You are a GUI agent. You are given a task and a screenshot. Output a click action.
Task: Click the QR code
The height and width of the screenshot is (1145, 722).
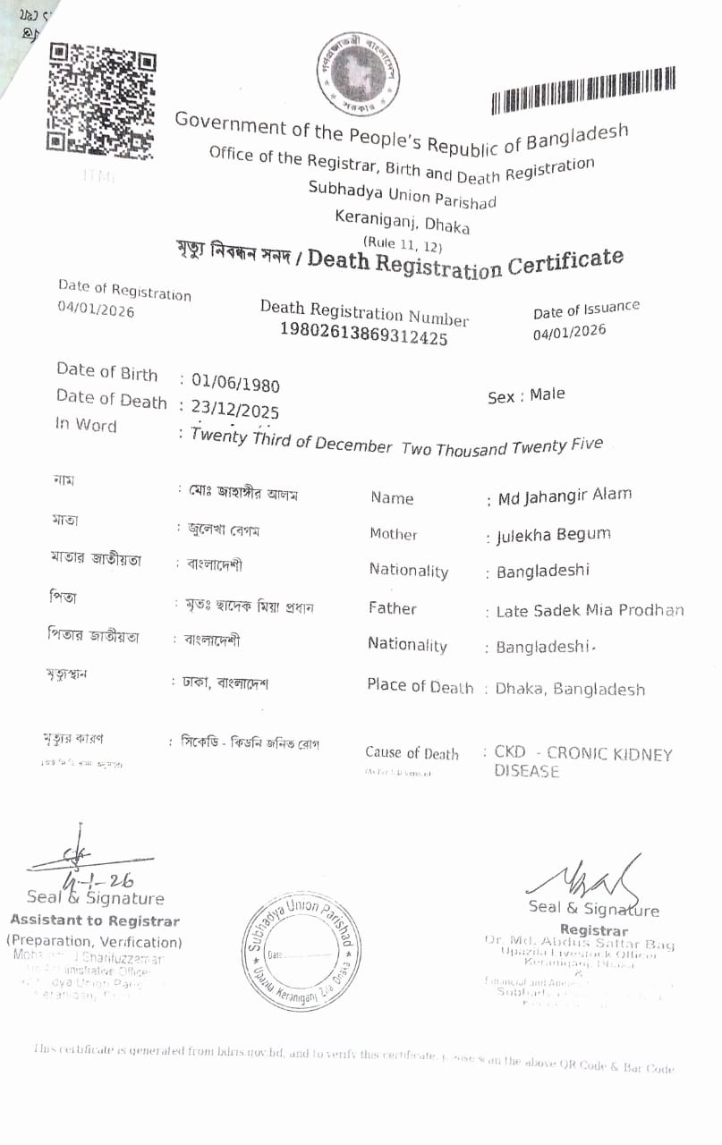point(102,98)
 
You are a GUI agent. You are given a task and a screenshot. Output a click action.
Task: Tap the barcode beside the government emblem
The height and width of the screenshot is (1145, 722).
point(582,91)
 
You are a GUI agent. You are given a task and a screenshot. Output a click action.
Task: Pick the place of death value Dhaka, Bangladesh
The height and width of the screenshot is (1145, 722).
point(570,689)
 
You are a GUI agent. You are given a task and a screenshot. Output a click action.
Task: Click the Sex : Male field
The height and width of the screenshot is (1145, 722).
point(526,395)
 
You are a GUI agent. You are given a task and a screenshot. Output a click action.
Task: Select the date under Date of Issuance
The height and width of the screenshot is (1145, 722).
point(569,332)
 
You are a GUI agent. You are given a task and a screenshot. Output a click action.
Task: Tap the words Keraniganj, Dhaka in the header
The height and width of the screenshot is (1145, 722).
point(402,220)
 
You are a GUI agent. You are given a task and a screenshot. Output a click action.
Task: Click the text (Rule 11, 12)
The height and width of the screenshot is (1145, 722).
point(402,242)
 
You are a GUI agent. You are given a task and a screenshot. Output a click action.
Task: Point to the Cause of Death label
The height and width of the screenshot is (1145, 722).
point(412,753)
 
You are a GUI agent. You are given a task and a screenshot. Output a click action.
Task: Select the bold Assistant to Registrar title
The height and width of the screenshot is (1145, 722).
point(95,920)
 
